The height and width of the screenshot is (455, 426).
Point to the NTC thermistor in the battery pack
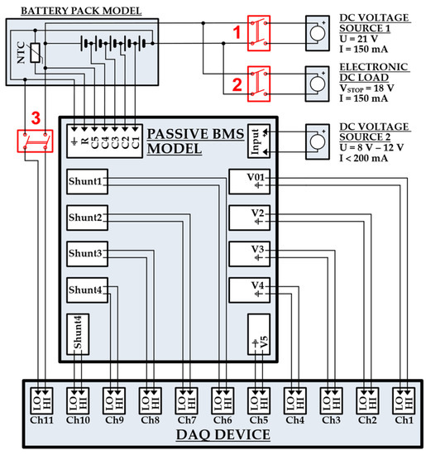(32, 51)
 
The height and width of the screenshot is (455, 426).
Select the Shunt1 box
(86, 182)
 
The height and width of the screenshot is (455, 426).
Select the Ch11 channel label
(42, 419)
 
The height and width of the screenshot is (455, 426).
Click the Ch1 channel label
(403, 419)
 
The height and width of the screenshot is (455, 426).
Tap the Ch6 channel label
(223, 419)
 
